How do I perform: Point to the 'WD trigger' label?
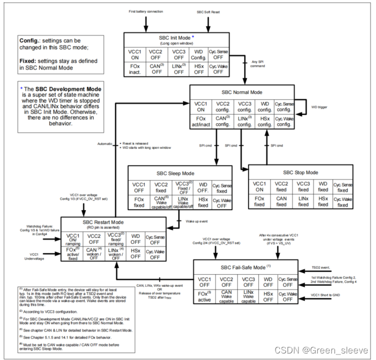click(x=319, y=108)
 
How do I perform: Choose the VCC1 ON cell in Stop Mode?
click(x=260, y=187)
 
